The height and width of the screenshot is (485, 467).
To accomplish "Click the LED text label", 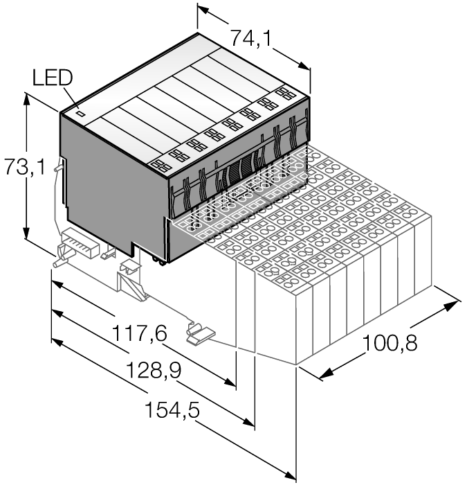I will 51,78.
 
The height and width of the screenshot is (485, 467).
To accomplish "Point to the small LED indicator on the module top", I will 80,111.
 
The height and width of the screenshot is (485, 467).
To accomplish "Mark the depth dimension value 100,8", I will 390,342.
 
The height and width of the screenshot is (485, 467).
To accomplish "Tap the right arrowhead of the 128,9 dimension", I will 250,423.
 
